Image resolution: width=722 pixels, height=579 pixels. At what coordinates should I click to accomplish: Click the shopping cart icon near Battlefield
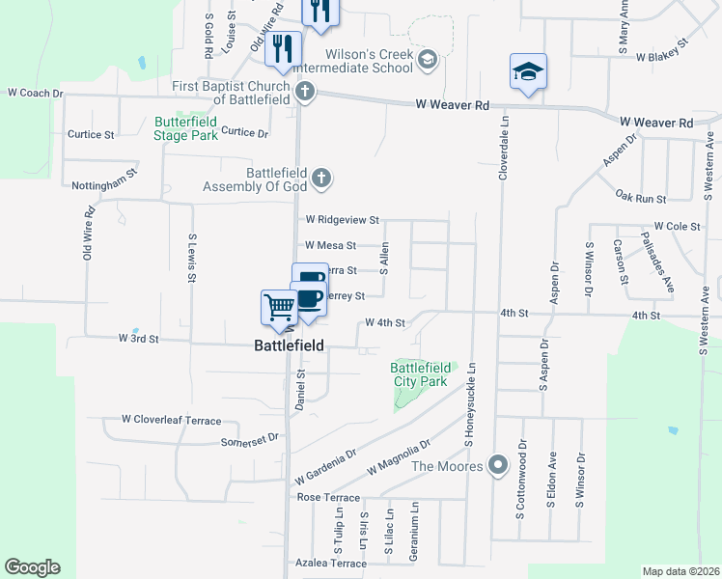click(x=279, y=308)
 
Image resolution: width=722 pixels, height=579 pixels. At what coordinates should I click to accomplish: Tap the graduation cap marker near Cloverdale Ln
click(x=528, y=71)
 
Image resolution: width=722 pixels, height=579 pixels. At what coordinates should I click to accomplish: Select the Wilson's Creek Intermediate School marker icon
click(x=427, y=62)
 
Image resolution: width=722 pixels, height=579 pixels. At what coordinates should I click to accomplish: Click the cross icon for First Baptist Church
click(x=305, y=93)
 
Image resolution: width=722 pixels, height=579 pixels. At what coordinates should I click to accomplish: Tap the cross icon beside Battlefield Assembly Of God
click(x=321, y=179)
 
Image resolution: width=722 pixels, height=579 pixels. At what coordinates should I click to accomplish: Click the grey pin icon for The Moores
click(x=497, y=466)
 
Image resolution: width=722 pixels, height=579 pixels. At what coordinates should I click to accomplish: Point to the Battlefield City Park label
click(x=420, y=374)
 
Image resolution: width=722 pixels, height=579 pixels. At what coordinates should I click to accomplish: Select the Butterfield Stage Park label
click(x=186, y=128)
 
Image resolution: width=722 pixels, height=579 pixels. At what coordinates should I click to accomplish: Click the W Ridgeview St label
click(x=341, y=220)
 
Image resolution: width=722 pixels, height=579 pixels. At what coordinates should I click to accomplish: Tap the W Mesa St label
click(x=330, y=246)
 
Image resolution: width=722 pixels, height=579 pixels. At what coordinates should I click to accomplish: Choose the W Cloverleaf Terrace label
click(x=171, y=420)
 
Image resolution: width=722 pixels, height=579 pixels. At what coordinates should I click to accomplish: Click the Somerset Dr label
click(x=250, y=437)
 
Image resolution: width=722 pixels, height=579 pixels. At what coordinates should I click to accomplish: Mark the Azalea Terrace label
click(x=330, y=563)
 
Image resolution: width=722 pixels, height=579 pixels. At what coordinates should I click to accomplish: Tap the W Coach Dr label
click(x=35, y=94)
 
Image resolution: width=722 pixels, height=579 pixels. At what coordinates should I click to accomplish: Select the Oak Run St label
click(x=642, y=197)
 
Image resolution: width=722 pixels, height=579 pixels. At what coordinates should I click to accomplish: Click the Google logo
click(x=32, y=567)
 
